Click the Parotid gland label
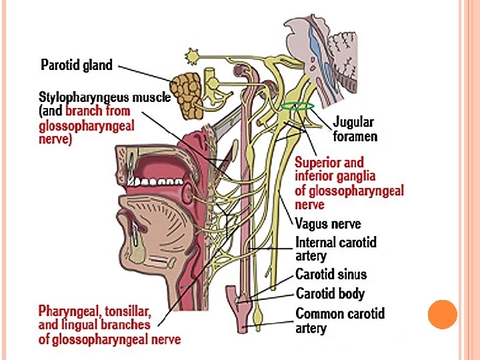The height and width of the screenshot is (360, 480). click(77, 65)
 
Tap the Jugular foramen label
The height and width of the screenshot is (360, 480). click(354, 129)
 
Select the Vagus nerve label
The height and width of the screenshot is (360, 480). click(328, 225)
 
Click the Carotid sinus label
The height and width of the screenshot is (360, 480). click(331, 275)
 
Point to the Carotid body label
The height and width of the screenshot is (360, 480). click(330, 294)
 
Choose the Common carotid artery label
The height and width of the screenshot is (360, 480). click(340, 321)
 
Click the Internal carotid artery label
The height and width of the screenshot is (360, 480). click(336, 249)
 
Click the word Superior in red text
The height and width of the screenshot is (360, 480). click(318, 162)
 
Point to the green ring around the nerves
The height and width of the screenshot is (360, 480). click(297, 105)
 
